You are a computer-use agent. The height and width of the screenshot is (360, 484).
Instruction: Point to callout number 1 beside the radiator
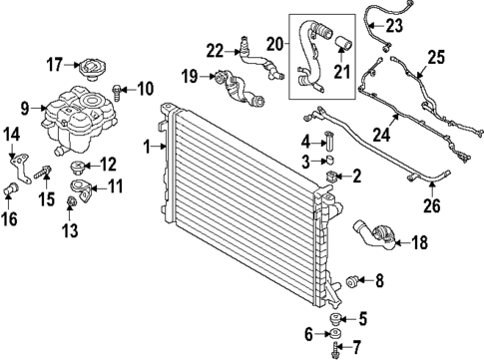pos(147,148)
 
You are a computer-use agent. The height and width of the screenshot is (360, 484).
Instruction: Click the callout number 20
pos(274,44)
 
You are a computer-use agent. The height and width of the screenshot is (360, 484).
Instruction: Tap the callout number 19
pos(190,75)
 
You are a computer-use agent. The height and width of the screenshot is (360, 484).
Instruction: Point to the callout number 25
pos(436,58)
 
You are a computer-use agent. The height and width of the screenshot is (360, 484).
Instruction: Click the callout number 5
pos(362,319)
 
